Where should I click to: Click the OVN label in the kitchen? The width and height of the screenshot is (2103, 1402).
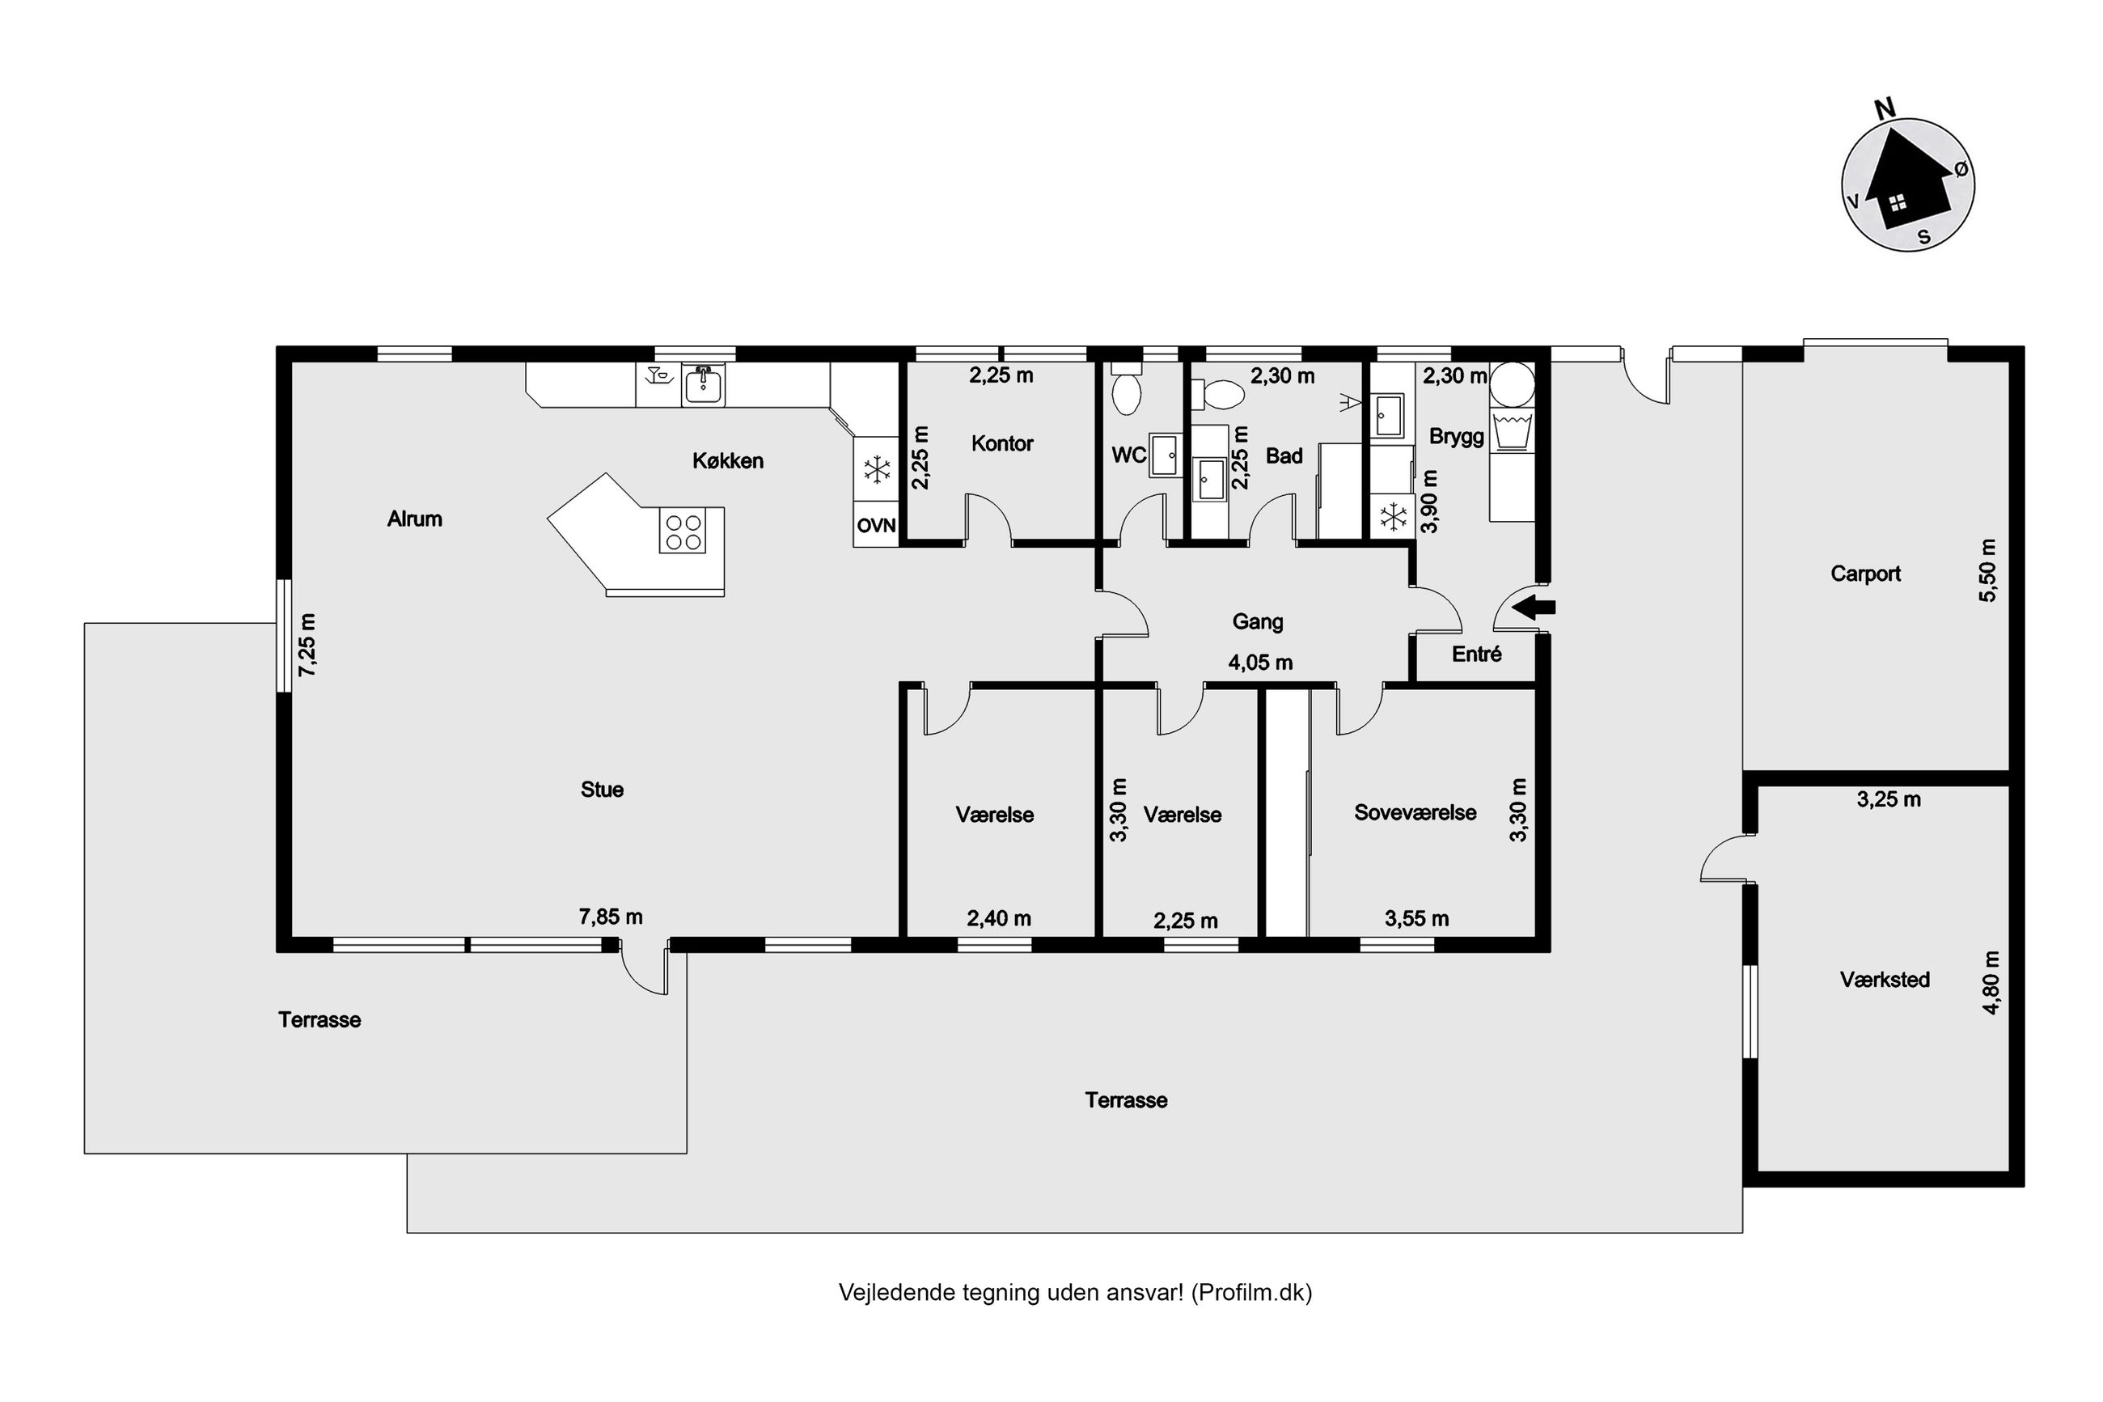(x=876, y=526)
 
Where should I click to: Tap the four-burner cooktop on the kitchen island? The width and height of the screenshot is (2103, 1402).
(x=683, y=532)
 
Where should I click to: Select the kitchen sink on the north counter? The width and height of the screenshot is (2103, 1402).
(x=704, y=385)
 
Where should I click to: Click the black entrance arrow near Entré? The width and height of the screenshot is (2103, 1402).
(x=1534, y=608)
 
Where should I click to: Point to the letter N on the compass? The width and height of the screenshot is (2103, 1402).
(x=1884, y=109)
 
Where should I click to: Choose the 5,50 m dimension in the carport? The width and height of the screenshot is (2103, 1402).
(x=1987, y=570)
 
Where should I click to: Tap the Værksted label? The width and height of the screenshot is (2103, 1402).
(x=1885, y=980)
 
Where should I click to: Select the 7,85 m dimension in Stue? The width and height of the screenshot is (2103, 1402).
(x=611, y=917)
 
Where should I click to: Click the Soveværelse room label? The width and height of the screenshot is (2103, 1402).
(x=1415, y=813)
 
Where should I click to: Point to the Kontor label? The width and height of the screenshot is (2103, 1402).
(x=1002, y=443)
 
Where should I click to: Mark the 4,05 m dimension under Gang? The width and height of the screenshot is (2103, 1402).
(x=1260, y=663)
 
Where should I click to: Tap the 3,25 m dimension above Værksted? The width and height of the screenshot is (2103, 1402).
(x=1889, y=799)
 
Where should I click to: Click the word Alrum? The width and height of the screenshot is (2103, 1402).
(x=415, y=519)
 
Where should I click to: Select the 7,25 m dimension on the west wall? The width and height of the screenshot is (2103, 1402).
(x=307, y=645)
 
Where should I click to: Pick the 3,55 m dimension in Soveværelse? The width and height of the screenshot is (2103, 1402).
(x=1416, y=918)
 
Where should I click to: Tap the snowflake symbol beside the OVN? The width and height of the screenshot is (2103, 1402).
(x=876, y=469)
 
